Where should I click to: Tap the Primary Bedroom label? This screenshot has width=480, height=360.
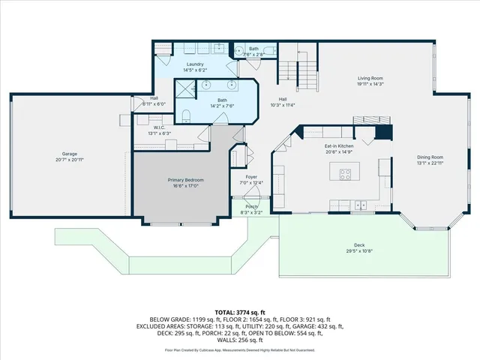pos(184,180)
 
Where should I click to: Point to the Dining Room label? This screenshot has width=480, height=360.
pos(430,157)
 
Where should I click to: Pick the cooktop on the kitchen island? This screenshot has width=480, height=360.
pos(346,175)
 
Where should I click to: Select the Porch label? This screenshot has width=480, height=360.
pos(252,207)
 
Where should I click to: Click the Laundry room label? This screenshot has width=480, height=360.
pos(196,64)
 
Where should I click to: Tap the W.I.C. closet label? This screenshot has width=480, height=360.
pos(160,127)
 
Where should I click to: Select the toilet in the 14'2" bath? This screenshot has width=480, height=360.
pos(185,115)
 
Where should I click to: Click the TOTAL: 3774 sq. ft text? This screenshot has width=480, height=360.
pos(240,312)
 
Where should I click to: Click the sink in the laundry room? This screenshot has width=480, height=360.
pos(222,50)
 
